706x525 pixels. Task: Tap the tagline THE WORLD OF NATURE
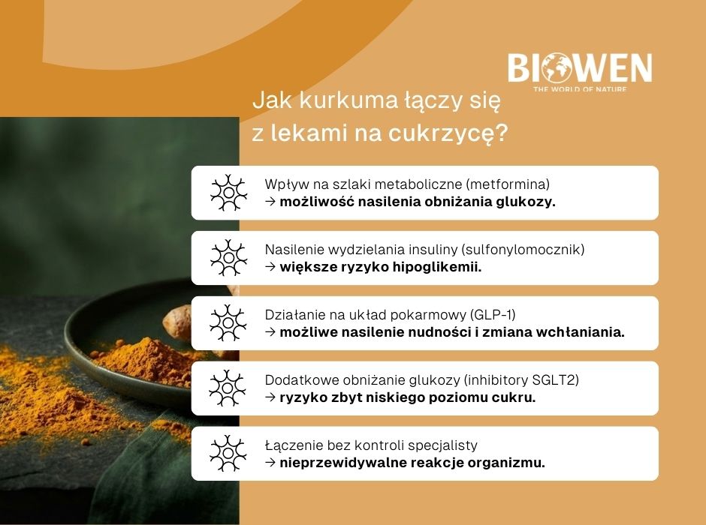point(579,90)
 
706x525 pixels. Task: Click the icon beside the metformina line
point(228,193)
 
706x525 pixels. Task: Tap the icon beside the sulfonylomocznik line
point(228,258)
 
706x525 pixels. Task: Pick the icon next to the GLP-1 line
point(228,323)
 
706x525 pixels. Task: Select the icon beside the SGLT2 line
point(228,388)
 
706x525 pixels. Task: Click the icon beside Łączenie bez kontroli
point(228,454)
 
